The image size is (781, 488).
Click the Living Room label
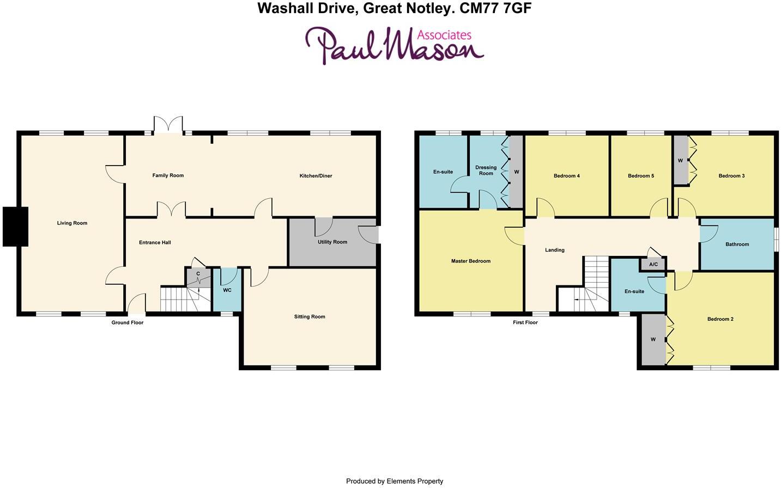click(x=72, y=223)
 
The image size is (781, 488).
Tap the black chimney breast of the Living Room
click(x=15, y=227)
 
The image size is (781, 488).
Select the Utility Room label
click(x=332, y=242)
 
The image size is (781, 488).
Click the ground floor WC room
click(x=227, y=290)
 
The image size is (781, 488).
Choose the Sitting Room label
click(x=310, y=317)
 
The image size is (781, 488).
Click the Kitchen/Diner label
click(x=316, y=176)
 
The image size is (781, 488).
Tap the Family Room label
click(x=168, y=175)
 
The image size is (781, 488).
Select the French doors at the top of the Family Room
click(x=168, y=125)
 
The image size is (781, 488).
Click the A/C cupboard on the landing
click(x=653, y=265)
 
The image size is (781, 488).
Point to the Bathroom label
click(x=737, y=245)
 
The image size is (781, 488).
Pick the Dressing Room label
click(x=486, y=170)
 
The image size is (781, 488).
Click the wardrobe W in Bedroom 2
click(x=652, y=340)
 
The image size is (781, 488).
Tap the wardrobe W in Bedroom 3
click(x=680, y=161)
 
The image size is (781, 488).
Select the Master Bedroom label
click(x=471, y=261)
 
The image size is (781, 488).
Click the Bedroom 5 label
click(x=641, y=176)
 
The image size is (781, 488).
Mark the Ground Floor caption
click(x=128, y=323)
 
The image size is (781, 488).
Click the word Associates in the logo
click(x=444, y=35)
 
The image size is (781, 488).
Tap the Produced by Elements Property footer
click(x=395, y=481)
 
